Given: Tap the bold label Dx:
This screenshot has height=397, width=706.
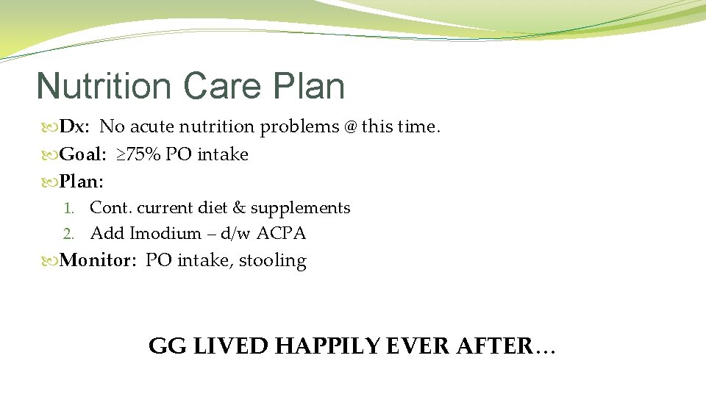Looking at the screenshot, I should coord(74,127).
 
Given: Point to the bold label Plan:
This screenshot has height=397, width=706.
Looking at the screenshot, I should coord(82,180).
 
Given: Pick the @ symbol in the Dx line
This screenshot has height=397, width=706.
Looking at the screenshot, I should coord(349,127).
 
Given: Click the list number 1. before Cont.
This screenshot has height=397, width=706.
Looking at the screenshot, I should coord(69,208).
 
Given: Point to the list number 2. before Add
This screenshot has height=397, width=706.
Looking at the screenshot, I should coord(69,234).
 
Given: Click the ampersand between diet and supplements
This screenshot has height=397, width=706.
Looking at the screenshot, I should coord(238,208).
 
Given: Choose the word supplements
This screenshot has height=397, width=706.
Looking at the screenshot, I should coord(300,209).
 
